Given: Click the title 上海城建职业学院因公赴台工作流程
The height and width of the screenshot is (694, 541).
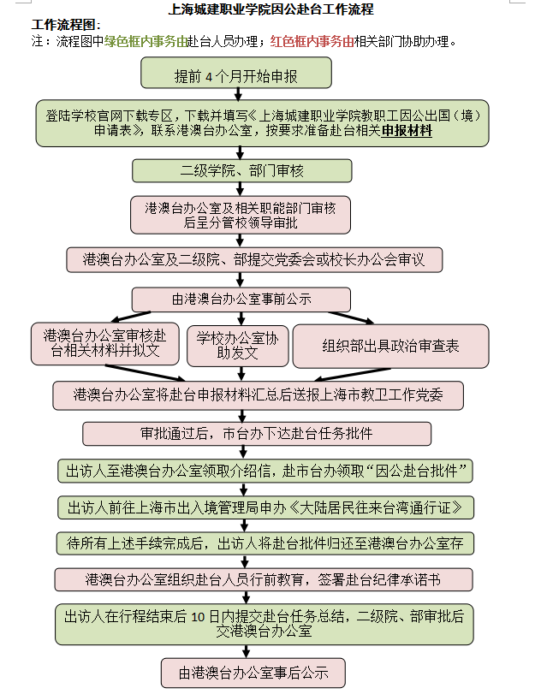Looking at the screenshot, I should point(270,10).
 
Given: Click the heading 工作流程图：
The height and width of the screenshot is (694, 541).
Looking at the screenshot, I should point(66,26).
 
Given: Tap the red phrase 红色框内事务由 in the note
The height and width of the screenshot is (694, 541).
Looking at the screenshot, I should point(312,41).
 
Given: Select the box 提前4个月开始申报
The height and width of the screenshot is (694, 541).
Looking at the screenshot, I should point(236,75).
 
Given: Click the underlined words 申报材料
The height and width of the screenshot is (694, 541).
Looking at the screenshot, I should point(407,131).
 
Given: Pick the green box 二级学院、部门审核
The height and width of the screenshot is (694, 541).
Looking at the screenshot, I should point(242,171).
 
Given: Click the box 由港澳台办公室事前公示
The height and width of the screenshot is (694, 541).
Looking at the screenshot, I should point(241,300).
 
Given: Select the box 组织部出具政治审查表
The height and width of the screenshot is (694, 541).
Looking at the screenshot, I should point(390,346).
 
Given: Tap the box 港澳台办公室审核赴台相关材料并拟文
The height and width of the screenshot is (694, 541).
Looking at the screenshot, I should point(105,345).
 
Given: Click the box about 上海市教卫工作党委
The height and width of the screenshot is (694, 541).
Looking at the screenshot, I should point(258,394).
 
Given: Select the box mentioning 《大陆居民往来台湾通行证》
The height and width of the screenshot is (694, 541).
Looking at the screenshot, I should point(265,507).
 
